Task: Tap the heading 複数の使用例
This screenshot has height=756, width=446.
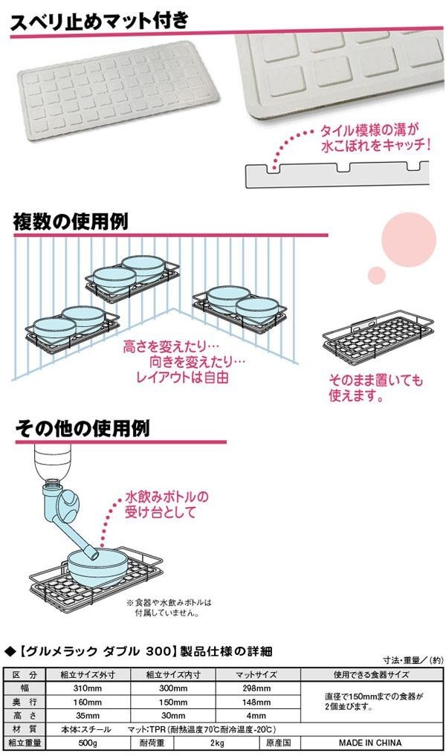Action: (71, 221)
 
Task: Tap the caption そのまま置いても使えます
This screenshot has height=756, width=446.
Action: (375, 389)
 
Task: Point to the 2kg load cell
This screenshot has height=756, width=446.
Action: (217, 742)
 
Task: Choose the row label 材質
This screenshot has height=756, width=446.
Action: (25, 728)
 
